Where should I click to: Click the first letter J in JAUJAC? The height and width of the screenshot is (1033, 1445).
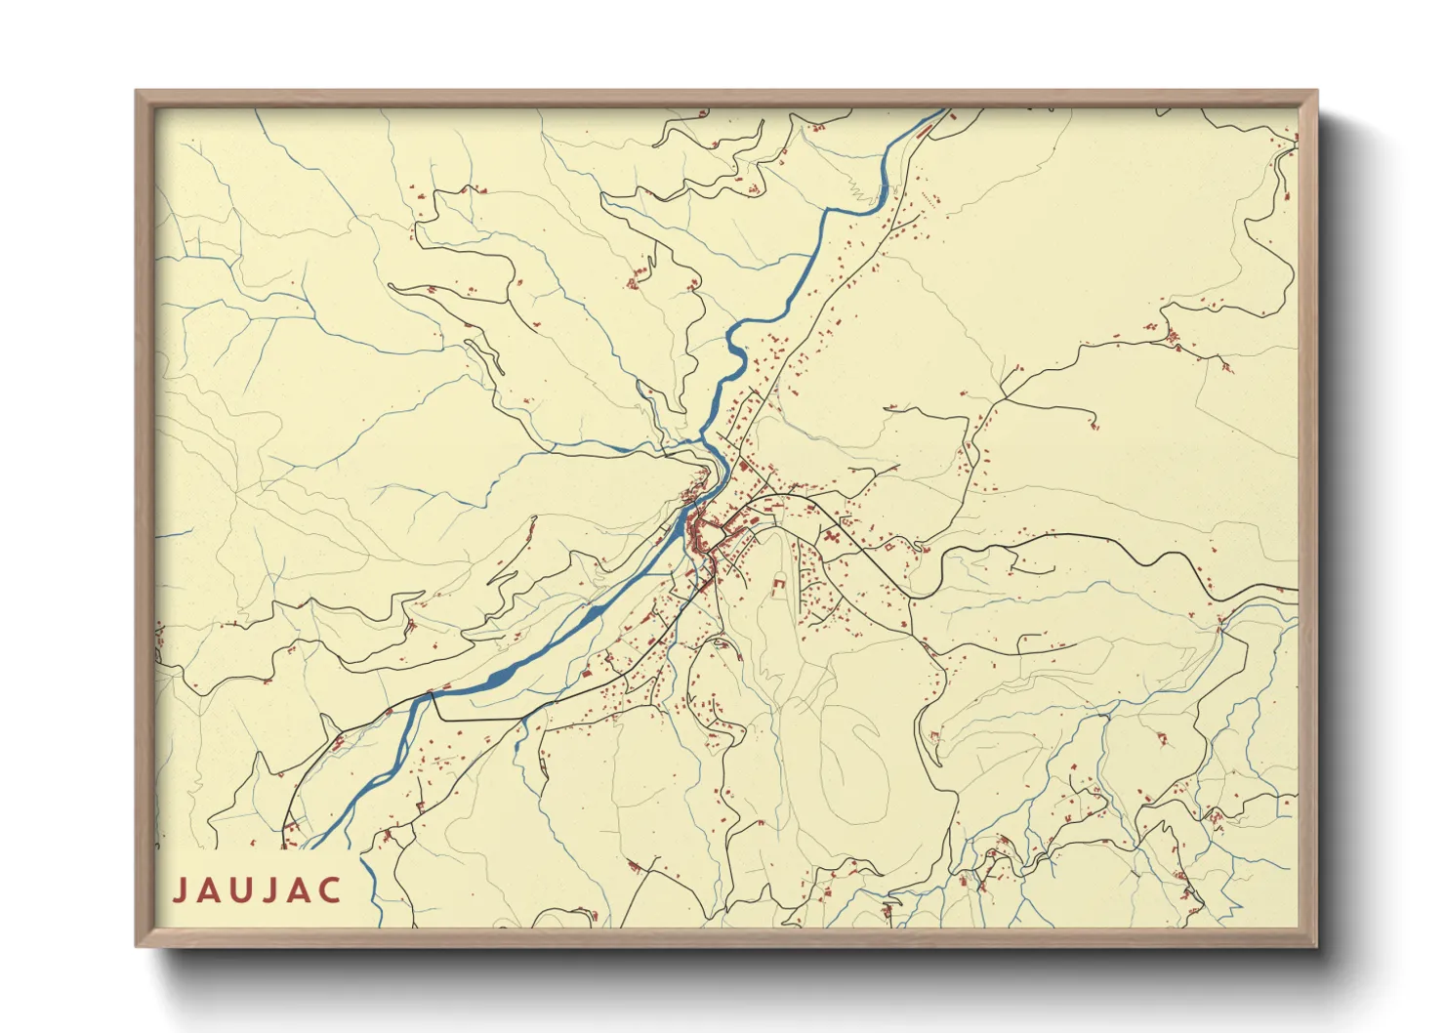coord(179,890)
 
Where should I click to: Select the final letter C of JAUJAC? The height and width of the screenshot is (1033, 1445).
coord(331,890)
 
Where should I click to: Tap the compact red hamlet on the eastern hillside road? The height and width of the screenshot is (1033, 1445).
coord(1172,338)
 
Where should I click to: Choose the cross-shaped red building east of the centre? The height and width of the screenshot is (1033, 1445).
coord(832,536)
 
